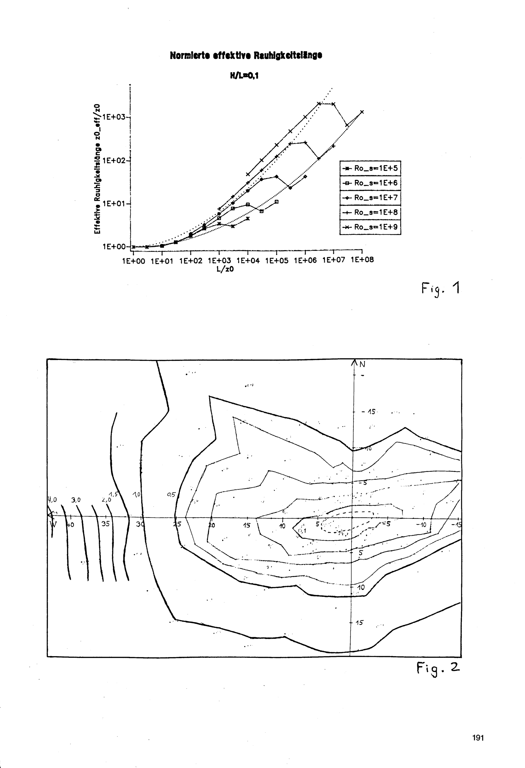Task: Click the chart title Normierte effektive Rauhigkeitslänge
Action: click(x=246, y=55)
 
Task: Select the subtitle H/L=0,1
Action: click(x=244, y=76)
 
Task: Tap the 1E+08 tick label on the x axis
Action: click(x=362, y=260)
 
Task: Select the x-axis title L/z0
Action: click(x=225, y=269)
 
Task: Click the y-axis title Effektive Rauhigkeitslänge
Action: click(x=97, y=169)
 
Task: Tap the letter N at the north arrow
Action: click(x=362, y=365)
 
